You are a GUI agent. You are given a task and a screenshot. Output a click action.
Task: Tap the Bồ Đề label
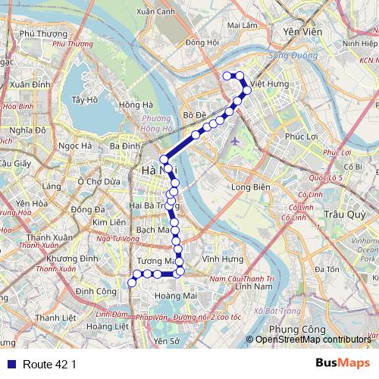[195, 115]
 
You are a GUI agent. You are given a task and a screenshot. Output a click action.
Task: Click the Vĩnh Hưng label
[218, 259]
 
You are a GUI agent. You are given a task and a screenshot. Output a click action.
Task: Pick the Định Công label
[96, 291]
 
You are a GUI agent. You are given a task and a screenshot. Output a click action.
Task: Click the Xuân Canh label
[155, 11]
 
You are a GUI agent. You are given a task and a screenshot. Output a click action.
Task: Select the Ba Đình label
[124, 146]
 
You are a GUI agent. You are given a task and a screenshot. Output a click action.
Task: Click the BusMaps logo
[342, 363]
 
